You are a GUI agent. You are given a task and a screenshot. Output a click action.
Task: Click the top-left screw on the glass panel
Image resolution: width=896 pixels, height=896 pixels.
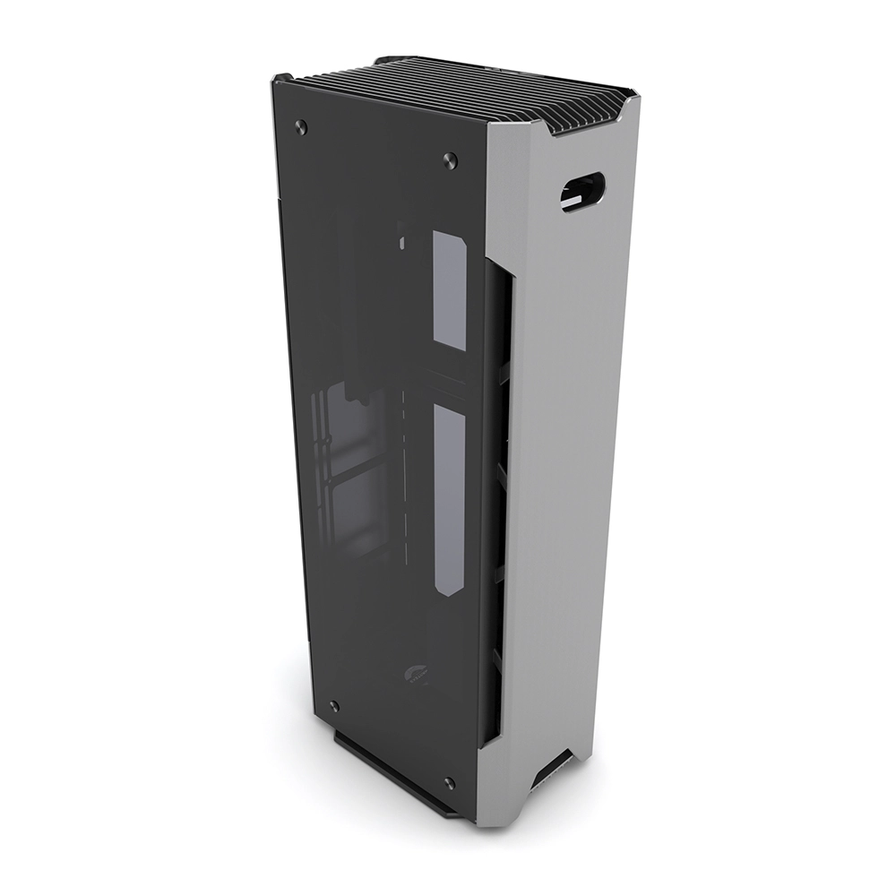[301, 125]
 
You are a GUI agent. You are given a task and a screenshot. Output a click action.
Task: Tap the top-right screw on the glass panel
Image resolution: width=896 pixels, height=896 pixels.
[450, 160]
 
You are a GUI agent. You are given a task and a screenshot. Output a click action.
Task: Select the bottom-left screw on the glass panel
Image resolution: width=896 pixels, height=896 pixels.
[334, 706]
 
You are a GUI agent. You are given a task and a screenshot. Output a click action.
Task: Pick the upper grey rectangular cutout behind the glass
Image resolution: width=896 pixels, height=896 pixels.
[450, 289]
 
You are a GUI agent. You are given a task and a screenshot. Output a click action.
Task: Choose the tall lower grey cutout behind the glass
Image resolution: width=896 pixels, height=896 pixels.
[450, 497]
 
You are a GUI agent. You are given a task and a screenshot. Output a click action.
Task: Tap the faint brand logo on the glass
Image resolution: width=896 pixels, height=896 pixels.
[414, 673]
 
